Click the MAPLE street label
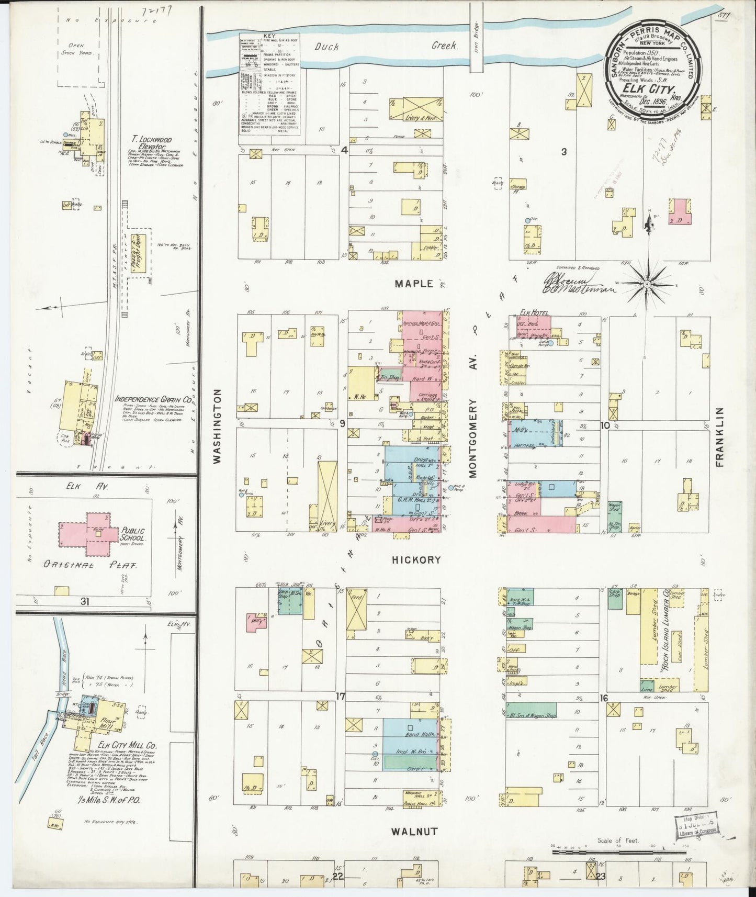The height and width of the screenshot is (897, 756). coord(414,284)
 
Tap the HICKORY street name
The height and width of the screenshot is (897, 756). coord(416,559)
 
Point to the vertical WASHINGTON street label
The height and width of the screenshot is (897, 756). coord(218,425)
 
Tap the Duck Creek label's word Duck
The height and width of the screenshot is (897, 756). coord(327,47)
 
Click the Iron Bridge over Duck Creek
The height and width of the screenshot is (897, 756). coord(476,46)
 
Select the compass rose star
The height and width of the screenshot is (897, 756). coord(647,284)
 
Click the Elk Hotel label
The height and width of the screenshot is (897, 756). coord(534,313)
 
